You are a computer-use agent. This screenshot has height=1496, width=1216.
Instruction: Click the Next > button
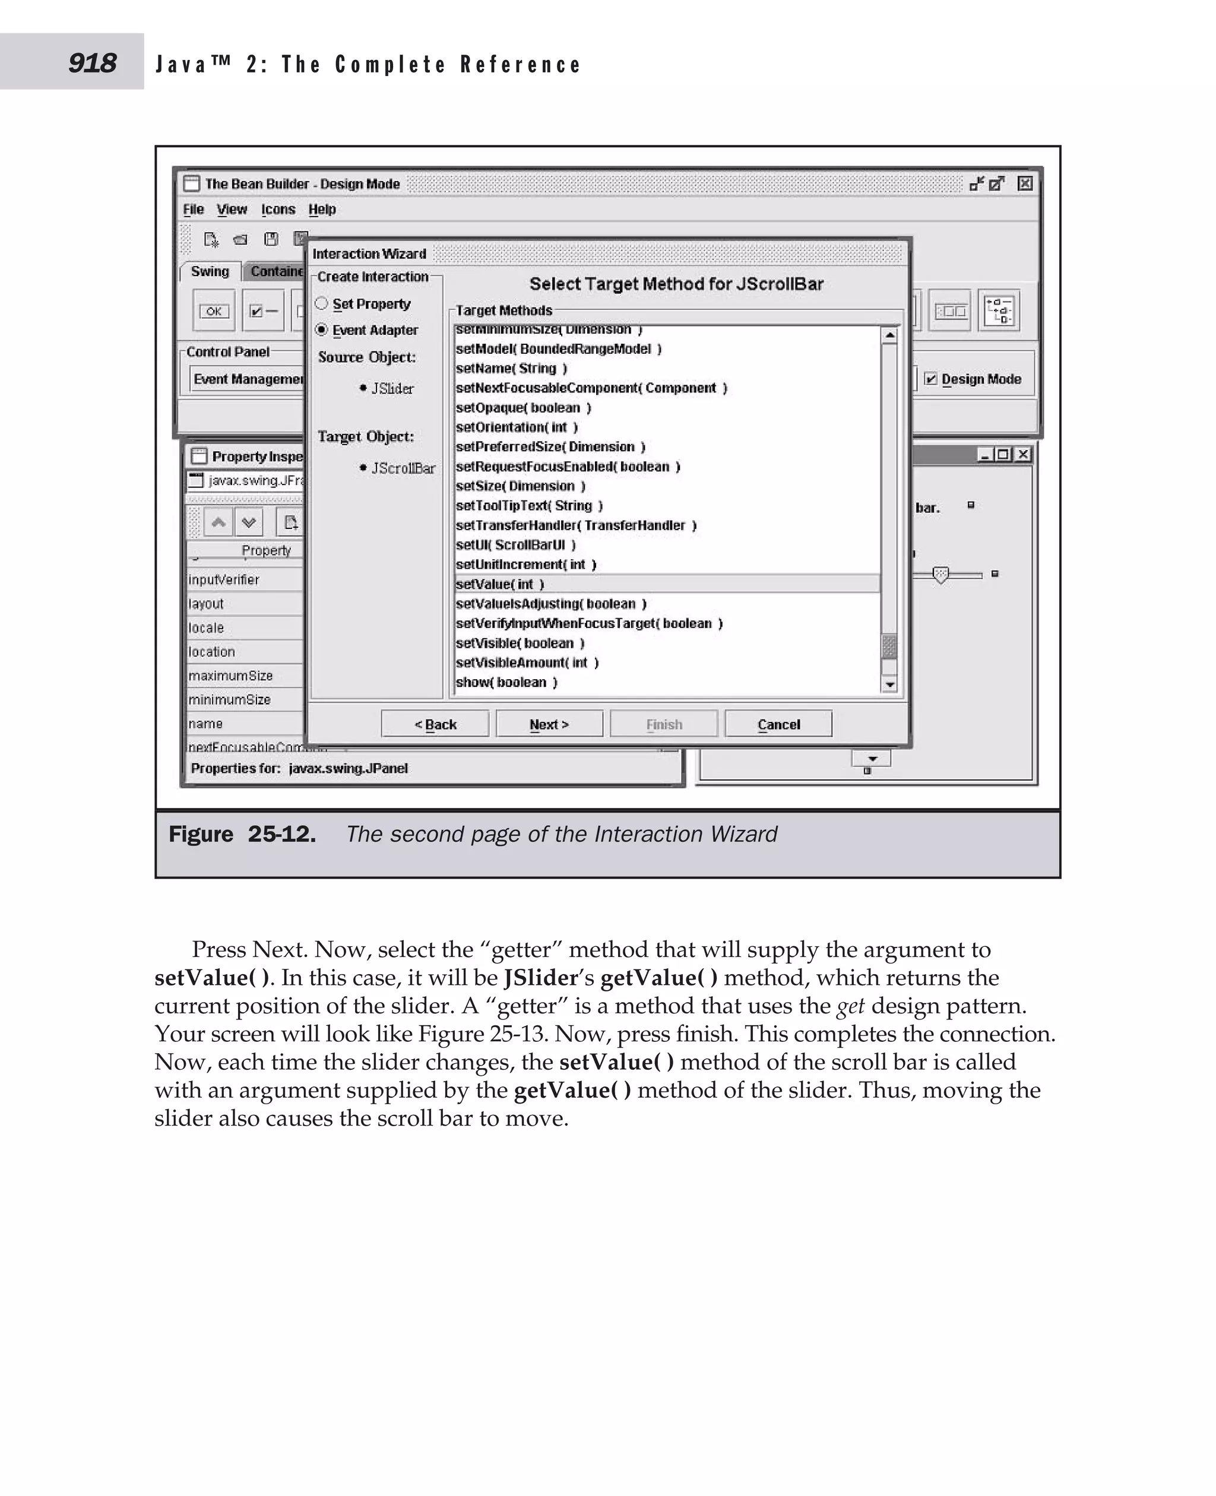(x=549, y=724)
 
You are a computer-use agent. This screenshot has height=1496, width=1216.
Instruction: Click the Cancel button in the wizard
(x=778, y=724)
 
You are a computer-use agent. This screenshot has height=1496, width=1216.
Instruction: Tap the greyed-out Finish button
(x=663, y=724)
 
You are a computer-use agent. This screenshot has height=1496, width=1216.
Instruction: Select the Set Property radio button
(x=321, y=303)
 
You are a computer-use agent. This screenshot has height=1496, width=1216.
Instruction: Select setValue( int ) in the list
(x=499, y=584)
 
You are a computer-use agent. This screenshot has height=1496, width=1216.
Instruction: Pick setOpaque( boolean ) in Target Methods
(x=522, y=408)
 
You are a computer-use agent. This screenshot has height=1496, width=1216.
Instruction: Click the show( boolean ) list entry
(x=506, y=682)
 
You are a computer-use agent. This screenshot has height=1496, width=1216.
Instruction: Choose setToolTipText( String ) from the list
(x=529, y=506)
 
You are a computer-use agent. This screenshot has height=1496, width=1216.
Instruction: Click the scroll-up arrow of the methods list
(x=889, y=335)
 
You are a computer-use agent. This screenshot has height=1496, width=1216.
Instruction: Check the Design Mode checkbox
(x=930, y=379)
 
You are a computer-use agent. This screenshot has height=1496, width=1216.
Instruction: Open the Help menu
(x=321, y=209)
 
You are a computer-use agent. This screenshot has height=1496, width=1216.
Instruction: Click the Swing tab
(x=210, y=271)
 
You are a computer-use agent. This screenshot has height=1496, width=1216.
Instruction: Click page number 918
(x=93, y=63)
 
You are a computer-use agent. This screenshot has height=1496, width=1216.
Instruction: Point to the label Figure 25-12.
(x=242, y=834)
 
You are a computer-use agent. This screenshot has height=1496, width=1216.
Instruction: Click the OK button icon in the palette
(x=214, y=311)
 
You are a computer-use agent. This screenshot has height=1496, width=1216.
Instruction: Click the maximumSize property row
(x=230, y=676)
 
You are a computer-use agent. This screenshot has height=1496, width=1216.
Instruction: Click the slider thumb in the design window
(x=940, y=575)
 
